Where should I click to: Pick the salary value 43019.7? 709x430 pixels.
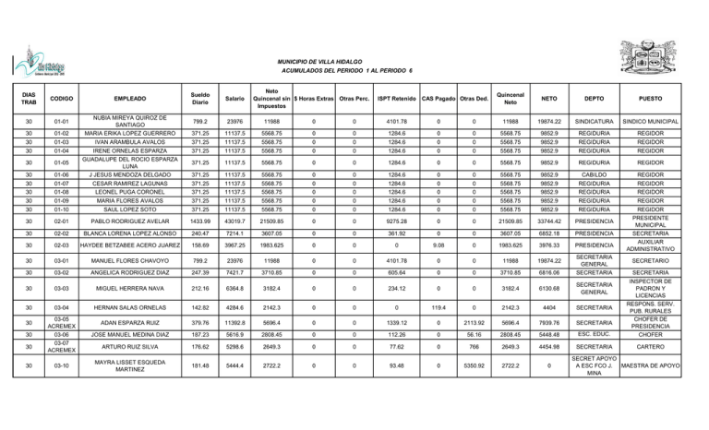click(x=234, y=221)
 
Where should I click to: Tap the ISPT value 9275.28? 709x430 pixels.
click(x=394, y=221)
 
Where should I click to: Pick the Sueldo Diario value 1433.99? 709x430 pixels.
click(x=195, y=221)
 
